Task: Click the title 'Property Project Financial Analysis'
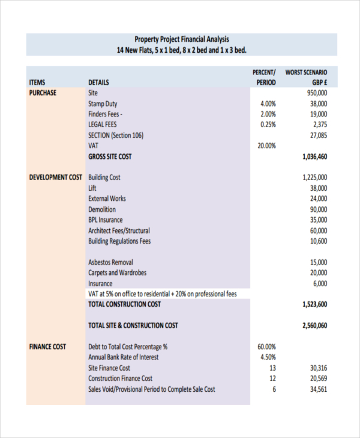[181, 40]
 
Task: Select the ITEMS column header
[37, 82]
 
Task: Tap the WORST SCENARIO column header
[307, 77]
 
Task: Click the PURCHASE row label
[43, 93]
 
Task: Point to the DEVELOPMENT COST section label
[56, 178]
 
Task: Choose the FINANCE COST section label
[48, 347]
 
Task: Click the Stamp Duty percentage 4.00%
[268, 104]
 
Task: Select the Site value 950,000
[316, 93]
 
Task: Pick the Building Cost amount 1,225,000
[314, 178]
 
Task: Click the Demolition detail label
[102, 209]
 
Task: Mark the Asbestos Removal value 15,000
[319, 262]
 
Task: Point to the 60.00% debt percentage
[266, 347]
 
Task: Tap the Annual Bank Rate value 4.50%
[268, 358]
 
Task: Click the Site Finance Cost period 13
[272, 368]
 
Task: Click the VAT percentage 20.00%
[266, 146]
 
